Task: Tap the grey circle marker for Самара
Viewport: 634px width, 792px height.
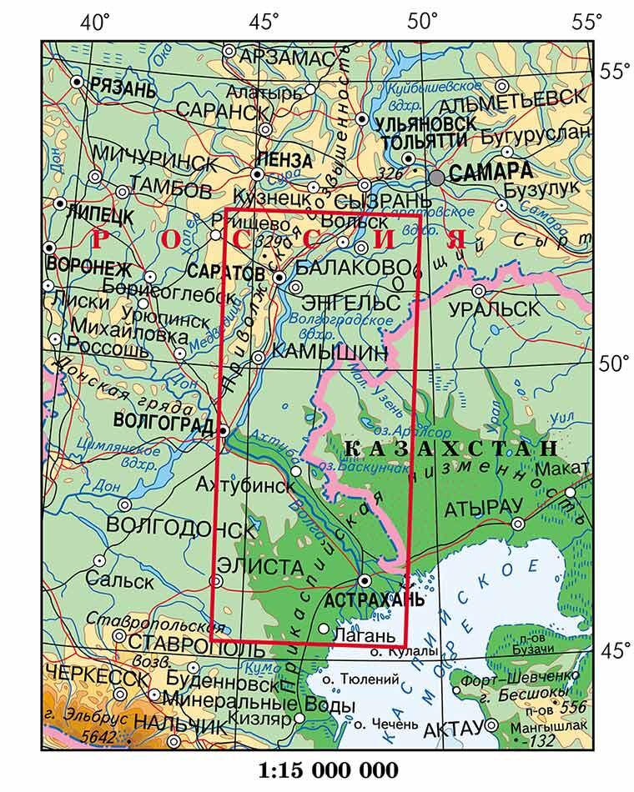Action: click(x=436, y=177)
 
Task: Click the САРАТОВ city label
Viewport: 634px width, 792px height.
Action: click(x=226, y=273)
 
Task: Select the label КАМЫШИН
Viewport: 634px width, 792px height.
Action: click(x=330, y=352)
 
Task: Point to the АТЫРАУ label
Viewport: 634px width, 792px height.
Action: click(x=483, y=508)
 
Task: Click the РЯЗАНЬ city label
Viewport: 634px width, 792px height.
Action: click(x=123, y=85)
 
